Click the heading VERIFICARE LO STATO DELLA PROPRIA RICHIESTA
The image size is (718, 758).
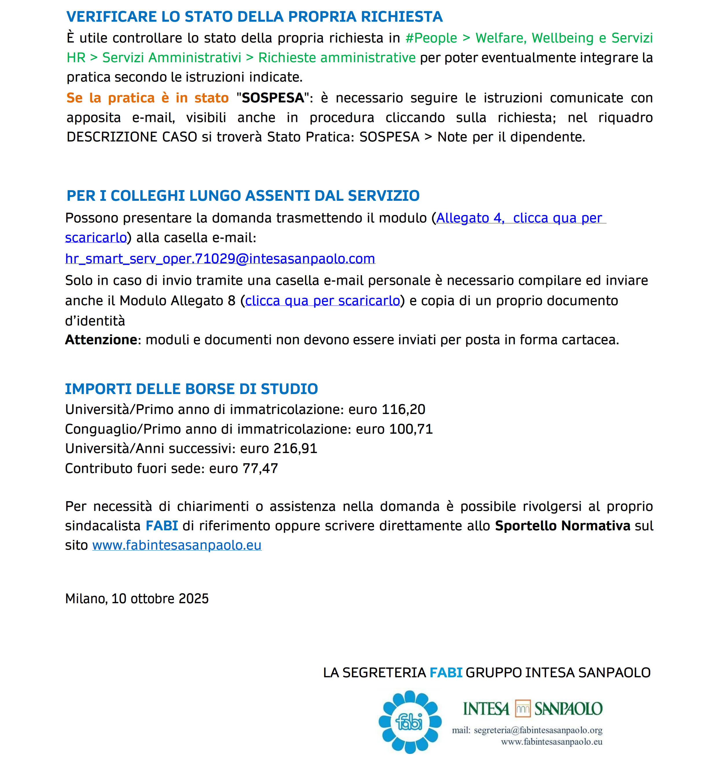point(254,17)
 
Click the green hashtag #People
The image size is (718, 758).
point(431,38)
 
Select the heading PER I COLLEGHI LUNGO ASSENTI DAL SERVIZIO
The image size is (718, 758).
point(243,196)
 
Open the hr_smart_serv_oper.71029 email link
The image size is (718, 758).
point(220,259)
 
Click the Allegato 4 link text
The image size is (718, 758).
point(470,218)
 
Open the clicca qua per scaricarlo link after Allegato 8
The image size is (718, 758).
point(322,301)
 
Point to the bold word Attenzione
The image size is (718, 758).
point(101,340)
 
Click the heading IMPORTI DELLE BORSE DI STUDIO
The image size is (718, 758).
point(191,389)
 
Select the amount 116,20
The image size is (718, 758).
point(403,409)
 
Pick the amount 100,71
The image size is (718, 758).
point(411,429)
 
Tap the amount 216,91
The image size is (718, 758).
point(295,448)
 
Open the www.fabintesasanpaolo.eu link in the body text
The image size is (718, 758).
point(177,545)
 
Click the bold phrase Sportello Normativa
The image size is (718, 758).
point(562,526)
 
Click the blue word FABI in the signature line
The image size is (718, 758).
point(446,672)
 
